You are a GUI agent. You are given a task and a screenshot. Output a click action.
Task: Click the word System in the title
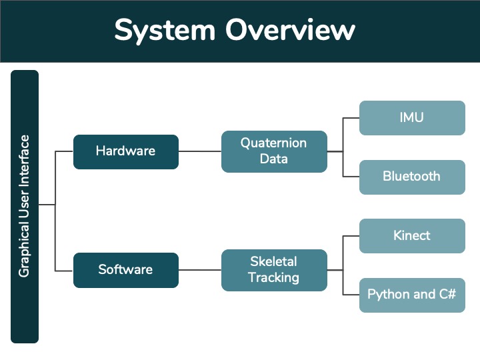(x=165, y=30)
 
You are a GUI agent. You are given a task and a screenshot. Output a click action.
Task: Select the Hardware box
(x=126, y=152)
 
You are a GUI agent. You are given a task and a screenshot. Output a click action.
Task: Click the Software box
(x=126, y=270)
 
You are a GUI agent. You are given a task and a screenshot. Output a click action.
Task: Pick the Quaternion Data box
(x=274, y=151)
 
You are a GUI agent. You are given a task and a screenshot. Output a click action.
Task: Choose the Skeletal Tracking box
(x=274, y=270)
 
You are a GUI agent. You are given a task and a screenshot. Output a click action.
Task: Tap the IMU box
(x=412, y=118)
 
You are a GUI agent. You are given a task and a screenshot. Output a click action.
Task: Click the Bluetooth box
(x=412, y=177)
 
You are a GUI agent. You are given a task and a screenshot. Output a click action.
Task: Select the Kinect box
(x=412, y=236)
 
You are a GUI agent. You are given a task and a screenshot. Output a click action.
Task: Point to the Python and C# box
(x=412, y=295)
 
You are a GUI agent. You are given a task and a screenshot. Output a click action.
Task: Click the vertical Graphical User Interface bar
(x=25, y=207)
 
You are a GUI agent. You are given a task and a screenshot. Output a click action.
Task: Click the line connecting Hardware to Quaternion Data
(x=200, y=151)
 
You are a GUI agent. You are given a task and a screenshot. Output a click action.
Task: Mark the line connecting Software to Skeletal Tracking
(x=200, y=270)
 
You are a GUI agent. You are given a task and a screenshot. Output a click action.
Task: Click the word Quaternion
(x=273, y=143)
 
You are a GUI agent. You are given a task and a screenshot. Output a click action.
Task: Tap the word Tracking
(x=273, y=277)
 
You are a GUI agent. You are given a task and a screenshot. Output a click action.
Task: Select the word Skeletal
(x=273, y=261)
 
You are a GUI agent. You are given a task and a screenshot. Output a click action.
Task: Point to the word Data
(x=274, y=159)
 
